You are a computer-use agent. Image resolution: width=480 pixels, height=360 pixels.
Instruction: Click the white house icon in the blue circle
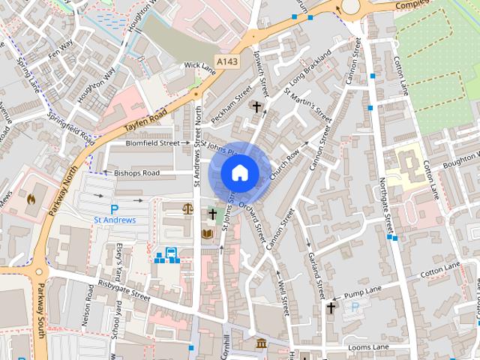(239, 172)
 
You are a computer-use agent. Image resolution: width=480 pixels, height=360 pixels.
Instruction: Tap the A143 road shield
(227, 61)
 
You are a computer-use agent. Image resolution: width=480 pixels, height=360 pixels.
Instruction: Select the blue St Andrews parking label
(114, 220)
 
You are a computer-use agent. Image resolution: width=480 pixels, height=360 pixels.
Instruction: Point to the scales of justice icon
(187, 208)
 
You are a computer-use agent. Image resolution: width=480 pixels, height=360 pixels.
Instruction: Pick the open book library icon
(208, 235)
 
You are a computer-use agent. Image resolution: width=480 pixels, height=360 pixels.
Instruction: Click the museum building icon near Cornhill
(260, 343)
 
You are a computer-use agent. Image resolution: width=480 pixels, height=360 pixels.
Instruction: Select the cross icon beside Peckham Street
(256, 107)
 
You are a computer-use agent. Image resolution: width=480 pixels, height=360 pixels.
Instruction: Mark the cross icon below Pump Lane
(331, 307)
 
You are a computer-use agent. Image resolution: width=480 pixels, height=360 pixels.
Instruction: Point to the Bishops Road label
(136, 172)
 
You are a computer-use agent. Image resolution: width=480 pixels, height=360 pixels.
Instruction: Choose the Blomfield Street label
(152, 142)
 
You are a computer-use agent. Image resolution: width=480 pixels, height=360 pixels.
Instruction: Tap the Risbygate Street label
(124, 289)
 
